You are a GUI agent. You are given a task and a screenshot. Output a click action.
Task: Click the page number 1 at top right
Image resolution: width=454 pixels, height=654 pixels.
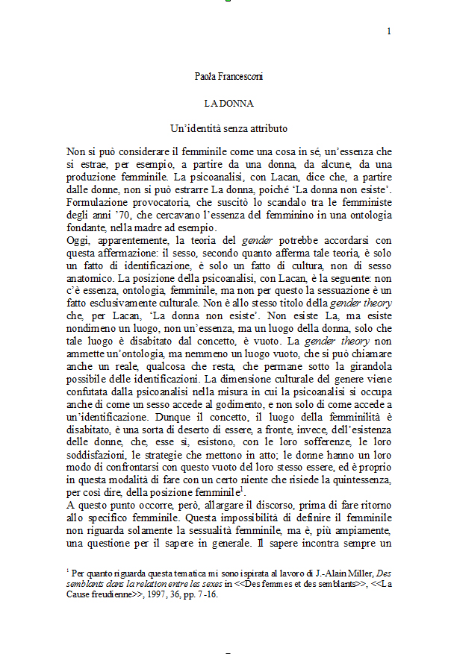[x=389, y=31]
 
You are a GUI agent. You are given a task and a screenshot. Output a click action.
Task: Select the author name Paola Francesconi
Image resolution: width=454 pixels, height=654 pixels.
[x=229, y=76]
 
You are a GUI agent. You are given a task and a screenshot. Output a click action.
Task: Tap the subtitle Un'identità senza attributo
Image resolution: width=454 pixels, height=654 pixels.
[x=229, y=128]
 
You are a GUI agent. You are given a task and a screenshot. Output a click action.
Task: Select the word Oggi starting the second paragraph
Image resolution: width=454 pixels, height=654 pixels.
[x=78, y=241]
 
